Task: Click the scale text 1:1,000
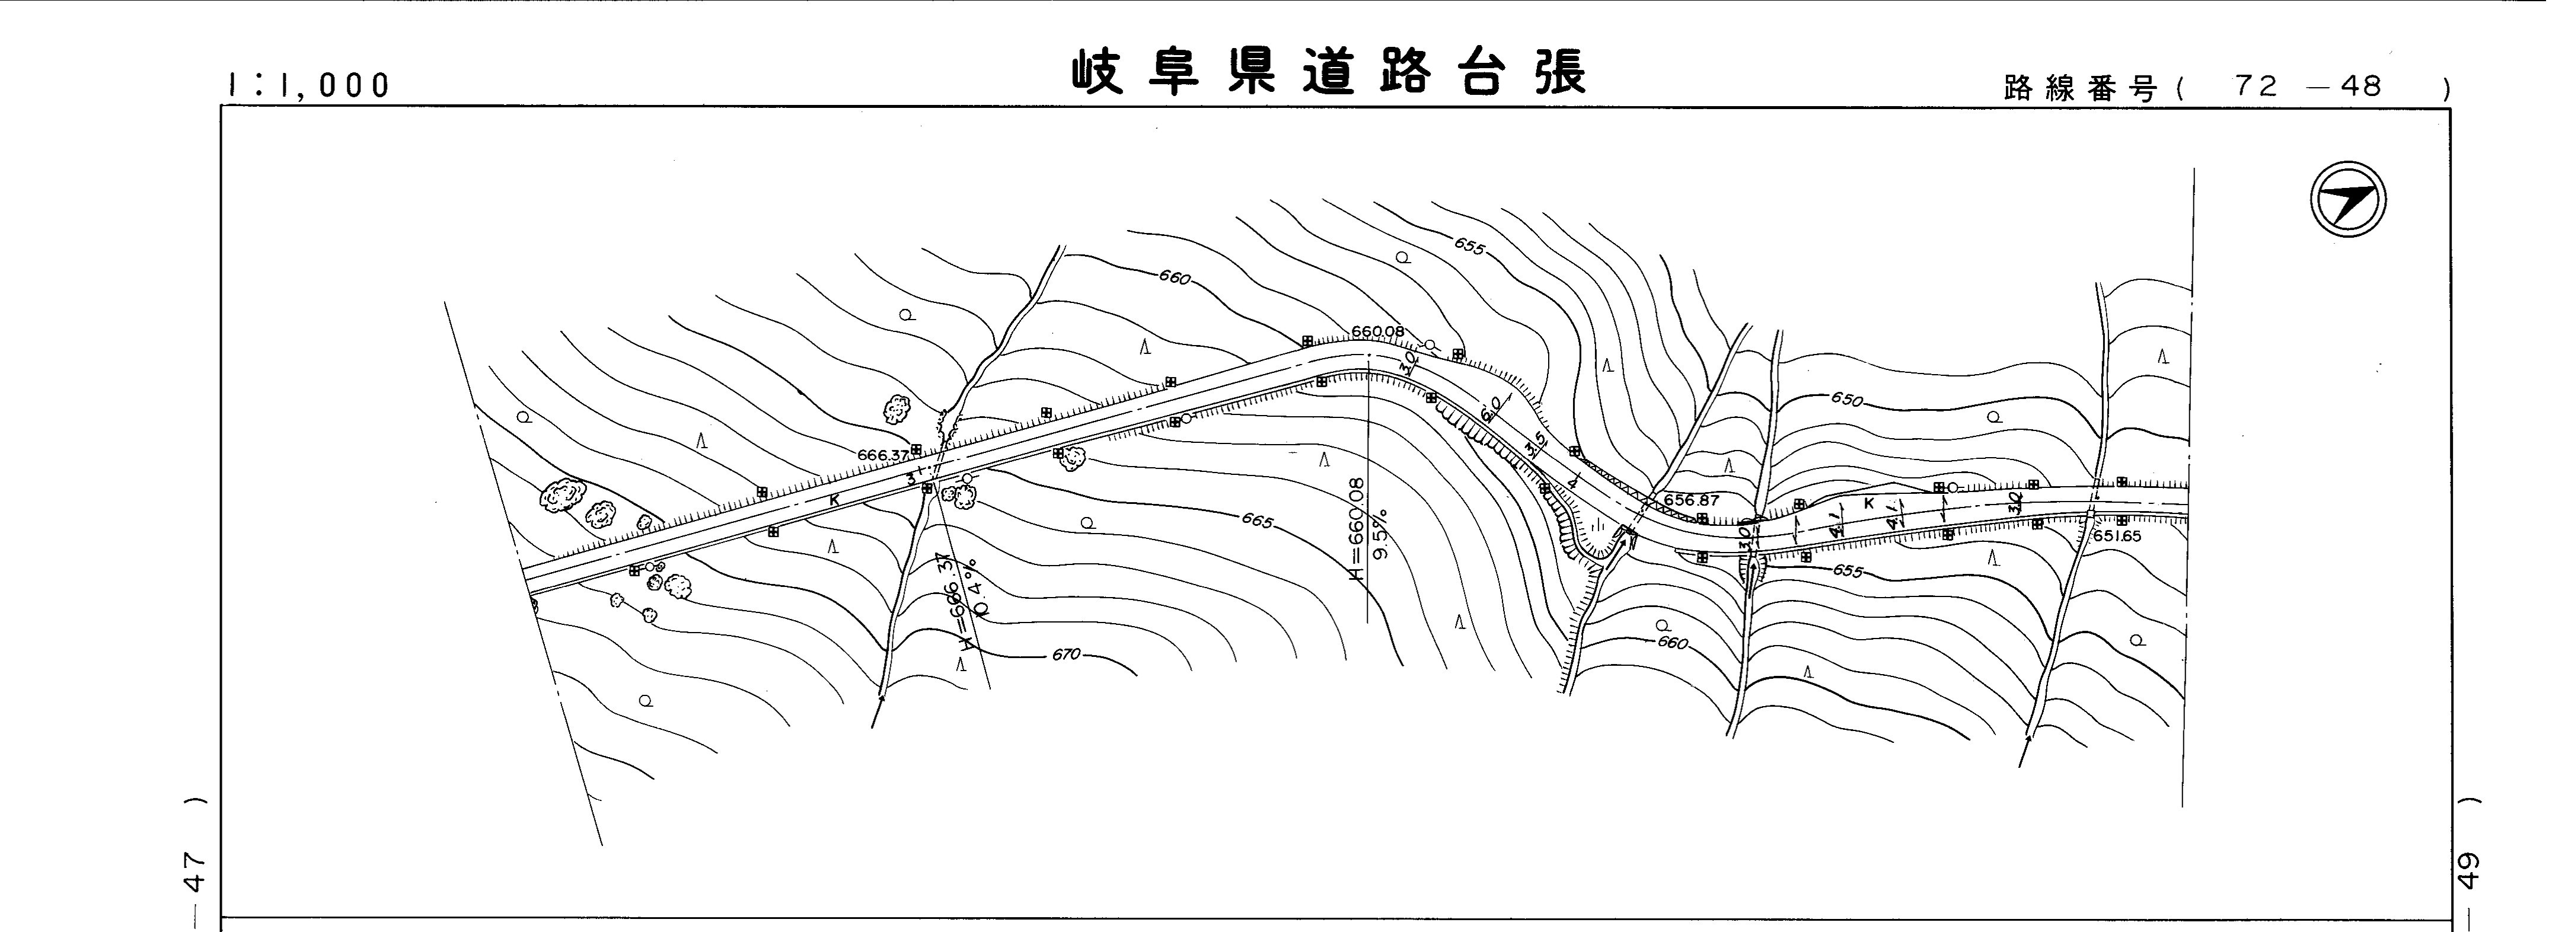(x=309, y=86)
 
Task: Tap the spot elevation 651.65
(x=2117, y=536)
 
